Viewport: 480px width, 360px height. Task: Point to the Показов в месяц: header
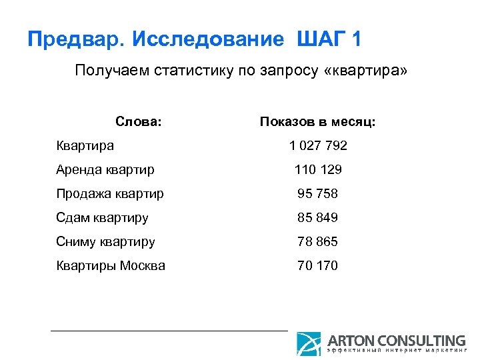pyautogui.click(x=317, y=122)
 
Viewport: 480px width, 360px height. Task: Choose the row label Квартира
pyautogui.click(x=85, y=145)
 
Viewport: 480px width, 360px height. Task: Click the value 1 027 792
pyautogui.click(x=317, y=145)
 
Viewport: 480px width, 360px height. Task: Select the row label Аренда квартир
pyautogui.click(x=105, y=169)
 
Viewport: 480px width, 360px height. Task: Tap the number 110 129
pyautogui.click(x=317, y=169)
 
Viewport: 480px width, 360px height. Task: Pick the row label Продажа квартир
pyautogui.click(x=110, y=193)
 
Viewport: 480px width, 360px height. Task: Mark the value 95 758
pyautogui.click(x=317, y=193)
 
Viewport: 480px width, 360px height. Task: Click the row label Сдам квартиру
pyautogui.click(x=102, y=217)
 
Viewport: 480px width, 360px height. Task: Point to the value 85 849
pyautogui.click(x=317, y=217)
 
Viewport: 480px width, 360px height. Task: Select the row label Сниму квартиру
pyautogui.click(x=105, y=241)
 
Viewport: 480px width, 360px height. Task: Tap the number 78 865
pyautogui.click(x=317, y=241)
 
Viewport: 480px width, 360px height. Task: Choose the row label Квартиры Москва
pyautogui.click(x=111, y=265)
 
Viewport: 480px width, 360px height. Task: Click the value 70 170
pyautogui.click(x=317, y=265)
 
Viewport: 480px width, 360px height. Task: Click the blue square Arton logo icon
pyautogui.click(x=309, y=343)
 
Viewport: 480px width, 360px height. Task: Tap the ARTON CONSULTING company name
pyautogui.click(x=396, y=340)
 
